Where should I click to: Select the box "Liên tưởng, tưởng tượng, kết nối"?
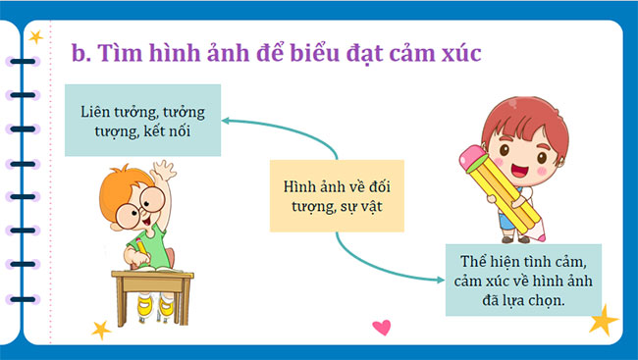click(x=142, y=120)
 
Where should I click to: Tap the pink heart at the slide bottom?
click(x=382, y=327)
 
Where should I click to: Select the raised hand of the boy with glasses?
click(x=163, y=175)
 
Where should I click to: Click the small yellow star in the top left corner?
click(x=36, y=37)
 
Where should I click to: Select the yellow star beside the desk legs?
click(x=99, y=330)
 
